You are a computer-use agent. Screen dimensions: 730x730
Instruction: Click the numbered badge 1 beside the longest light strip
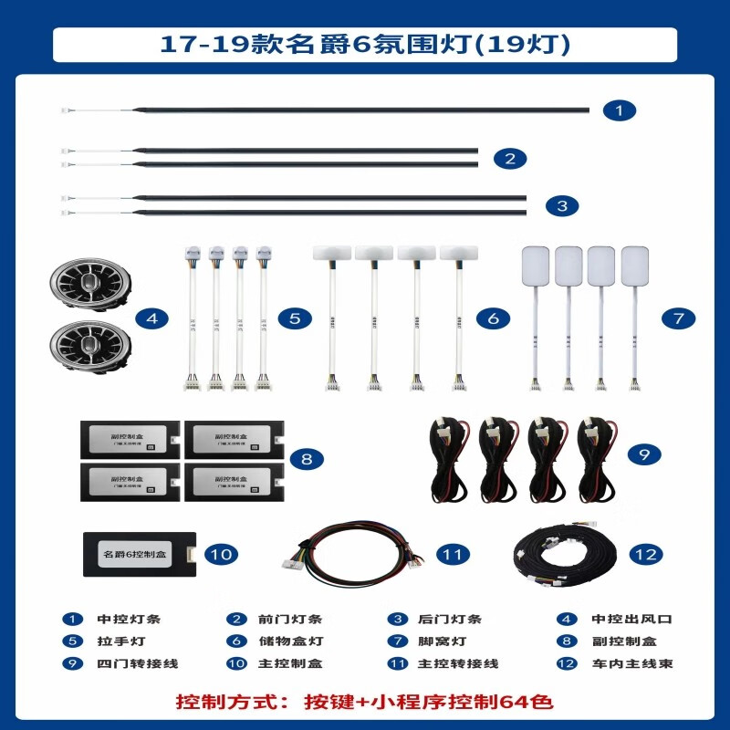click(620, 110)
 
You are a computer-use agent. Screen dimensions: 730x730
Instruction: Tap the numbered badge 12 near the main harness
click(646, 553)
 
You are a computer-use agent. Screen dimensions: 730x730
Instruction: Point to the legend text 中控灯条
click(129, 619)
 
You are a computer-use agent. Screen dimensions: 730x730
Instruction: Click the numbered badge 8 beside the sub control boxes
click(307, 459)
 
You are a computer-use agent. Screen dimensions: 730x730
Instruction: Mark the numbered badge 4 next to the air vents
click(152, 318)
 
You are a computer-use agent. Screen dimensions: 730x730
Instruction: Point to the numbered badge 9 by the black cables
click(644, 451)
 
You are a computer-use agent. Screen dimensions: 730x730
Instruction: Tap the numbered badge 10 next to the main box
click(222, 553)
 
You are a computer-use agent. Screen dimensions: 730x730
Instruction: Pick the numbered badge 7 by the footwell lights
click(678, 318)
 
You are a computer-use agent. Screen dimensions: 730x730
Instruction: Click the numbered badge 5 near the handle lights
click(295, 318)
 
